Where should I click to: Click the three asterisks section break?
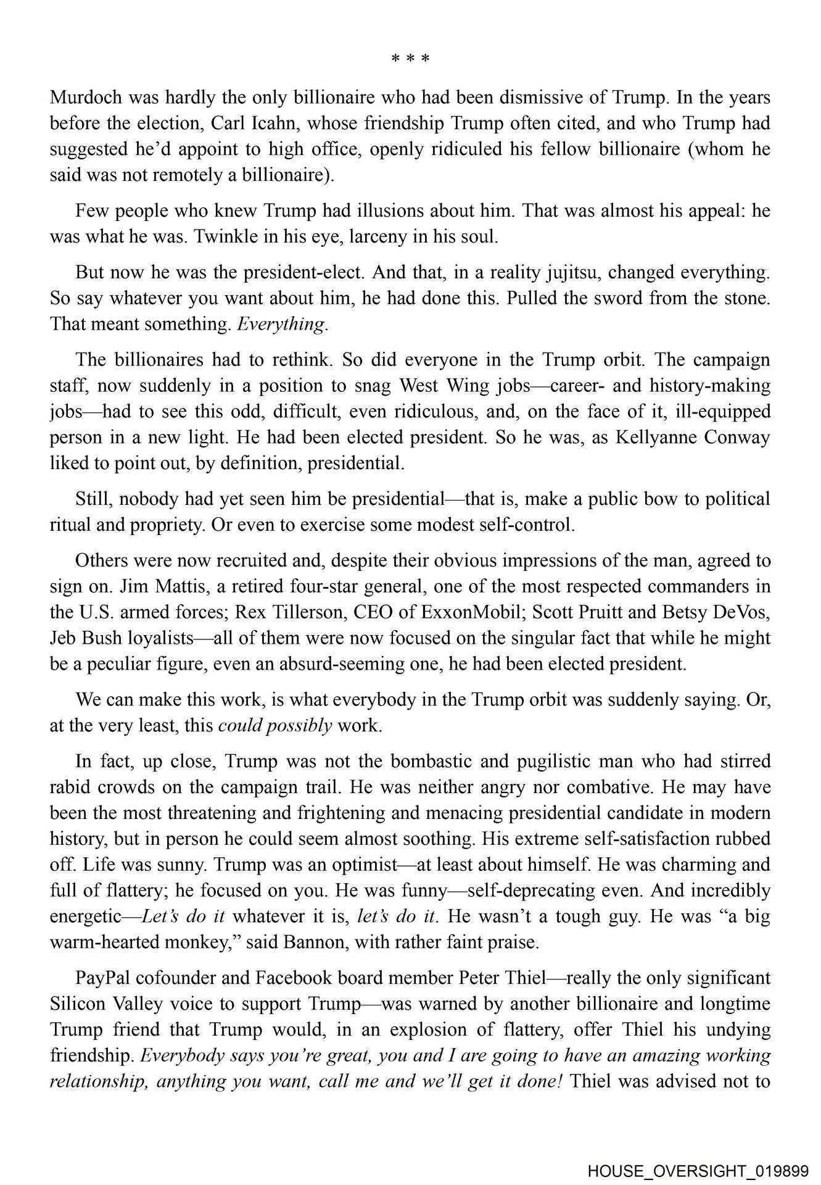click(410, 60)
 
